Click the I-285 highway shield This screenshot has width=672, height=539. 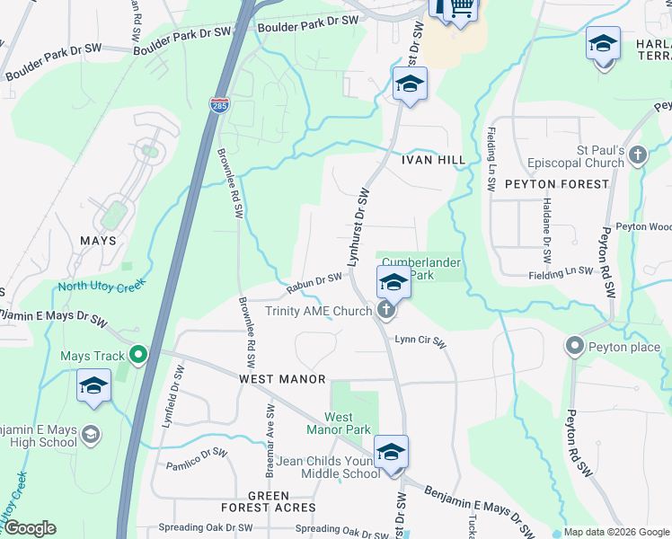[218, 105]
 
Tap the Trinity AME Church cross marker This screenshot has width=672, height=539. [386, 311]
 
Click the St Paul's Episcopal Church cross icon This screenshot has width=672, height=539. [638, 155]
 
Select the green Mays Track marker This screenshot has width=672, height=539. [137, 356]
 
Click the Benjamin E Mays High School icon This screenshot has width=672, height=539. [90, 436]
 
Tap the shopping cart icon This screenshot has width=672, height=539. [461, 8]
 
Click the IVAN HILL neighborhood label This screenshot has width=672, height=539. [433, 160]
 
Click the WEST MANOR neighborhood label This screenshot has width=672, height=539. [281, 379]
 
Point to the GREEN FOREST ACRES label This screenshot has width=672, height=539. [269, 501]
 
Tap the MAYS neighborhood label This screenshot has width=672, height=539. [98, 241]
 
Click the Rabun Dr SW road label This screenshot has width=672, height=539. [314, 283]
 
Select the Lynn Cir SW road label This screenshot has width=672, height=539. [420, 340]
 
